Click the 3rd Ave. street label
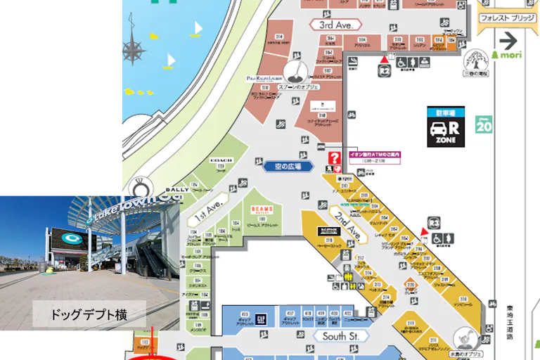335,25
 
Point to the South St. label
341,336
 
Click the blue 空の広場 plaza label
288,167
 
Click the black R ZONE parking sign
446,127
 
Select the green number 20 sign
484,125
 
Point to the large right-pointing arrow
508,39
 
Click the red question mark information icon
335,158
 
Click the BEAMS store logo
262,210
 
